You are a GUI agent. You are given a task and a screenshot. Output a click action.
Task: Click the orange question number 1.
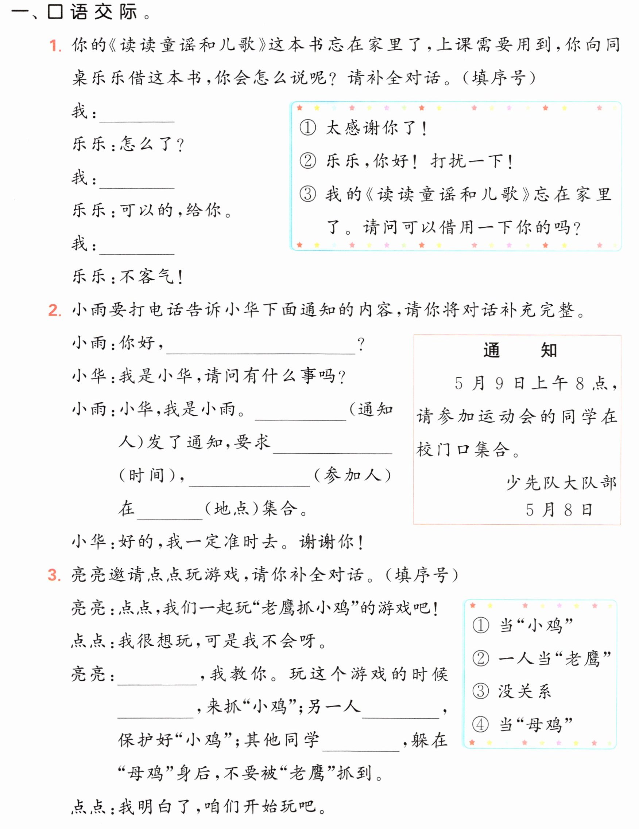55,46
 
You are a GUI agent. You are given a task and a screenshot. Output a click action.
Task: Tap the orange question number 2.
55,310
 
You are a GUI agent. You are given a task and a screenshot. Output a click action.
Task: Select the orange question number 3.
55,575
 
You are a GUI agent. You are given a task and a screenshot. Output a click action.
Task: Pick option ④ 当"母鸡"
523,725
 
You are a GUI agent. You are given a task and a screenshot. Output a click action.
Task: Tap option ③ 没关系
511,691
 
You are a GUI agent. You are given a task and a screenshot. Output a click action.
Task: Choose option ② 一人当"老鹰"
542,658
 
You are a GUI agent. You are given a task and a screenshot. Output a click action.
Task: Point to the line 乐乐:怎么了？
128,144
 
